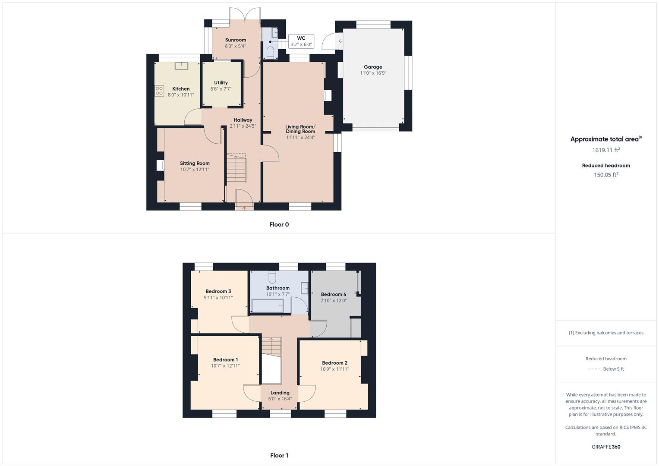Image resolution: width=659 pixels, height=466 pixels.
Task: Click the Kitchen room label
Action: click(x=181, y=89)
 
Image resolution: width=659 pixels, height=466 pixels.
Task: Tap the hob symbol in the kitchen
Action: click(x=159, y=91)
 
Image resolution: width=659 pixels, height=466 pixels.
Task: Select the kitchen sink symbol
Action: click(x=181, y=66)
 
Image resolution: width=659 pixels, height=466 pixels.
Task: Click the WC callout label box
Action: click(x=301, y=41)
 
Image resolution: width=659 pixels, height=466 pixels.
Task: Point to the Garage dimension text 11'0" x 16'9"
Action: click(x=373, y=73)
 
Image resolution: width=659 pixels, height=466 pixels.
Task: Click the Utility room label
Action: click(x=221, y=82)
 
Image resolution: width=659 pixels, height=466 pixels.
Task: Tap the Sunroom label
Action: click(x=235, y=40)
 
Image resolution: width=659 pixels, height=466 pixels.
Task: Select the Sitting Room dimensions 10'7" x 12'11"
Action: click(x=195, y=170)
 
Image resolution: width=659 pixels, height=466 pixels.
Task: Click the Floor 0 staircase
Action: click(x=236, y=168)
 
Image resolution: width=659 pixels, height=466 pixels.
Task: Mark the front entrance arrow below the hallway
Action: click(x=244, y=208)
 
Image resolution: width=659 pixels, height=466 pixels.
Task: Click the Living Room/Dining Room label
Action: click(x=300, y=129)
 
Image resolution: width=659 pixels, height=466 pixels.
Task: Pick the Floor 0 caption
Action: click(x=279, y=224)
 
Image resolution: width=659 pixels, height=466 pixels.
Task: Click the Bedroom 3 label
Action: click(x=218, y=291)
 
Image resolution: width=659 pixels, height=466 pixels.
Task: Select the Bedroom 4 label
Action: click(x=333, y=294)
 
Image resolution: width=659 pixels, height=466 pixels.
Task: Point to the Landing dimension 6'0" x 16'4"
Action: click(x=280, y=399)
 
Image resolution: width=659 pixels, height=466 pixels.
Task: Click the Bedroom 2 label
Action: click(x=334, y=363)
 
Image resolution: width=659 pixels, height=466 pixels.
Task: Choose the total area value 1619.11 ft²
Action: click(x=606, y=150)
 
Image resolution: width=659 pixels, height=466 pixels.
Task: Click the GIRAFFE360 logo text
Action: click(x=606, y=447)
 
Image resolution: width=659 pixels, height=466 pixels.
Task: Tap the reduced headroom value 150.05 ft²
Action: click(x=606, y=175)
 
